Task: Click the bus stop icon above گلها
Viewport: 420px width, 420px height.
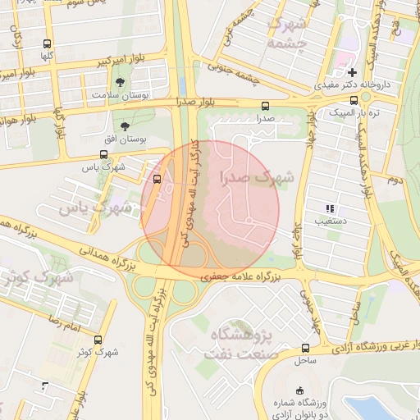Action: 46,44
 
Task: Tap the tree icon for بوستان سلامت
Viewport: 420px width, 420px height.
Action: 121,82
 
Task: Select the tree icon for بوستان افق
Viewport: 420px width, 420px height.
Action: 125,126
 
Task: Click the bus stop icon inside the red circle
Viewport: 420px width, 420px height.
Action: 157,178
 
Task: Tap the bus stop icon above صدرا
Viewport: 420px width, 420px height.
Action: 264,106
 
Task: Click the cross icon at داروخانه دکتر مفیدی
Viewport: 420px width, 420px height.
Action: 352,72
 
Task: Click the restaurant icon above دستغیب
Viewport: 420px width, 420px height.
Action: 330,209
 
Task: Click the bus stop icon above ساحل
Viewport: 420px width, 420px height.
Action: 305,348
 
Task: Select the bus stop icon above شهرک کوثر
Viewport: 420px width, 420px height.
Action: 98,340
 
